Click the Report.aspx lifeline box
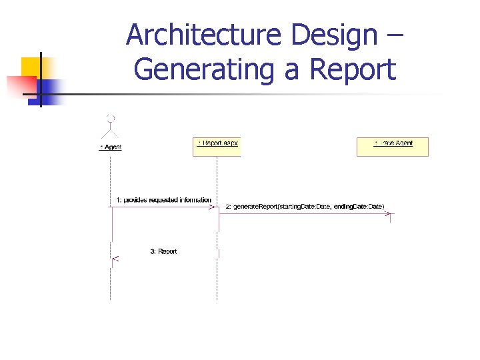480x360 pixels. pos(217,146)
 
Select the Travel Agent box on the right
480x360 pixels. pos(393,146)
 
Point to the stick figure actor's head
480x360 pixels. pos(111,118)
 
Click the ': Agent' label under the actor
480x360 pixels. pos(111,147)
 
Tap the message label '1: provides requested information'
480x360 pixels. pos(163,200)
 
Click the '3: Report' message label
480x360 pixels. pos(163,251)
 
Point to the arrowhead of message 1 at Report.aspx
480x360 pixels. pos(215,207)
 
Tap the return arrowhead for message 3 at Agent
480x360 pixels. pos(115,258)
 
